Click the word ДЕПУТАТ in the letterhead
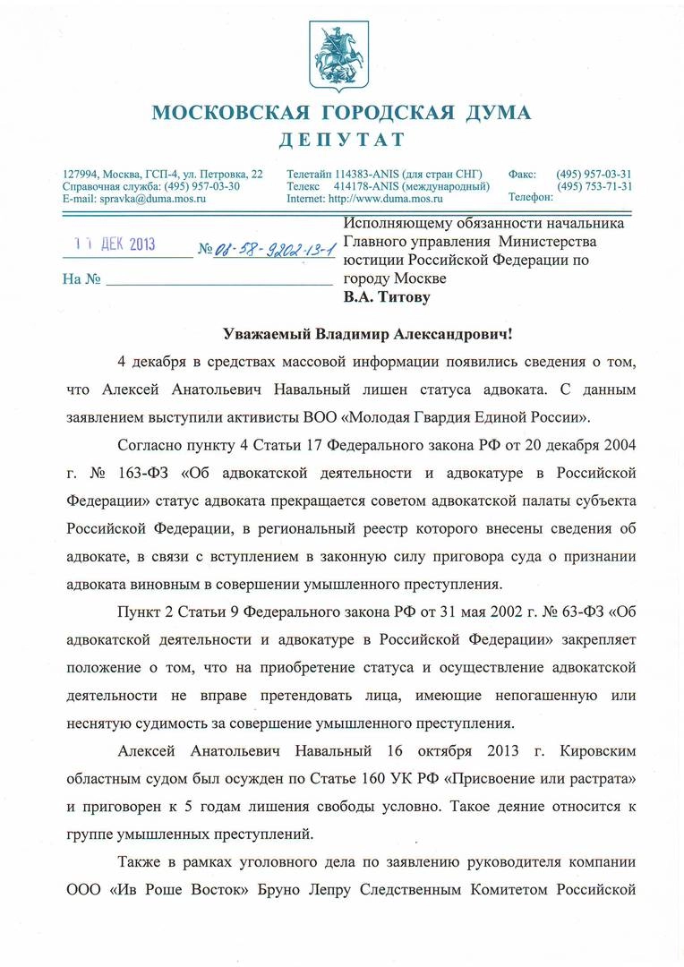[x=341, y=140]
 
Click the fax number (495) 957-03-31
[x=594, y=174]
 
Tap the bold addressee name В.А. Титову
[x=387, y=296]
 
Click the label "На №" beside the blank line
[x=81, y=279]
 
